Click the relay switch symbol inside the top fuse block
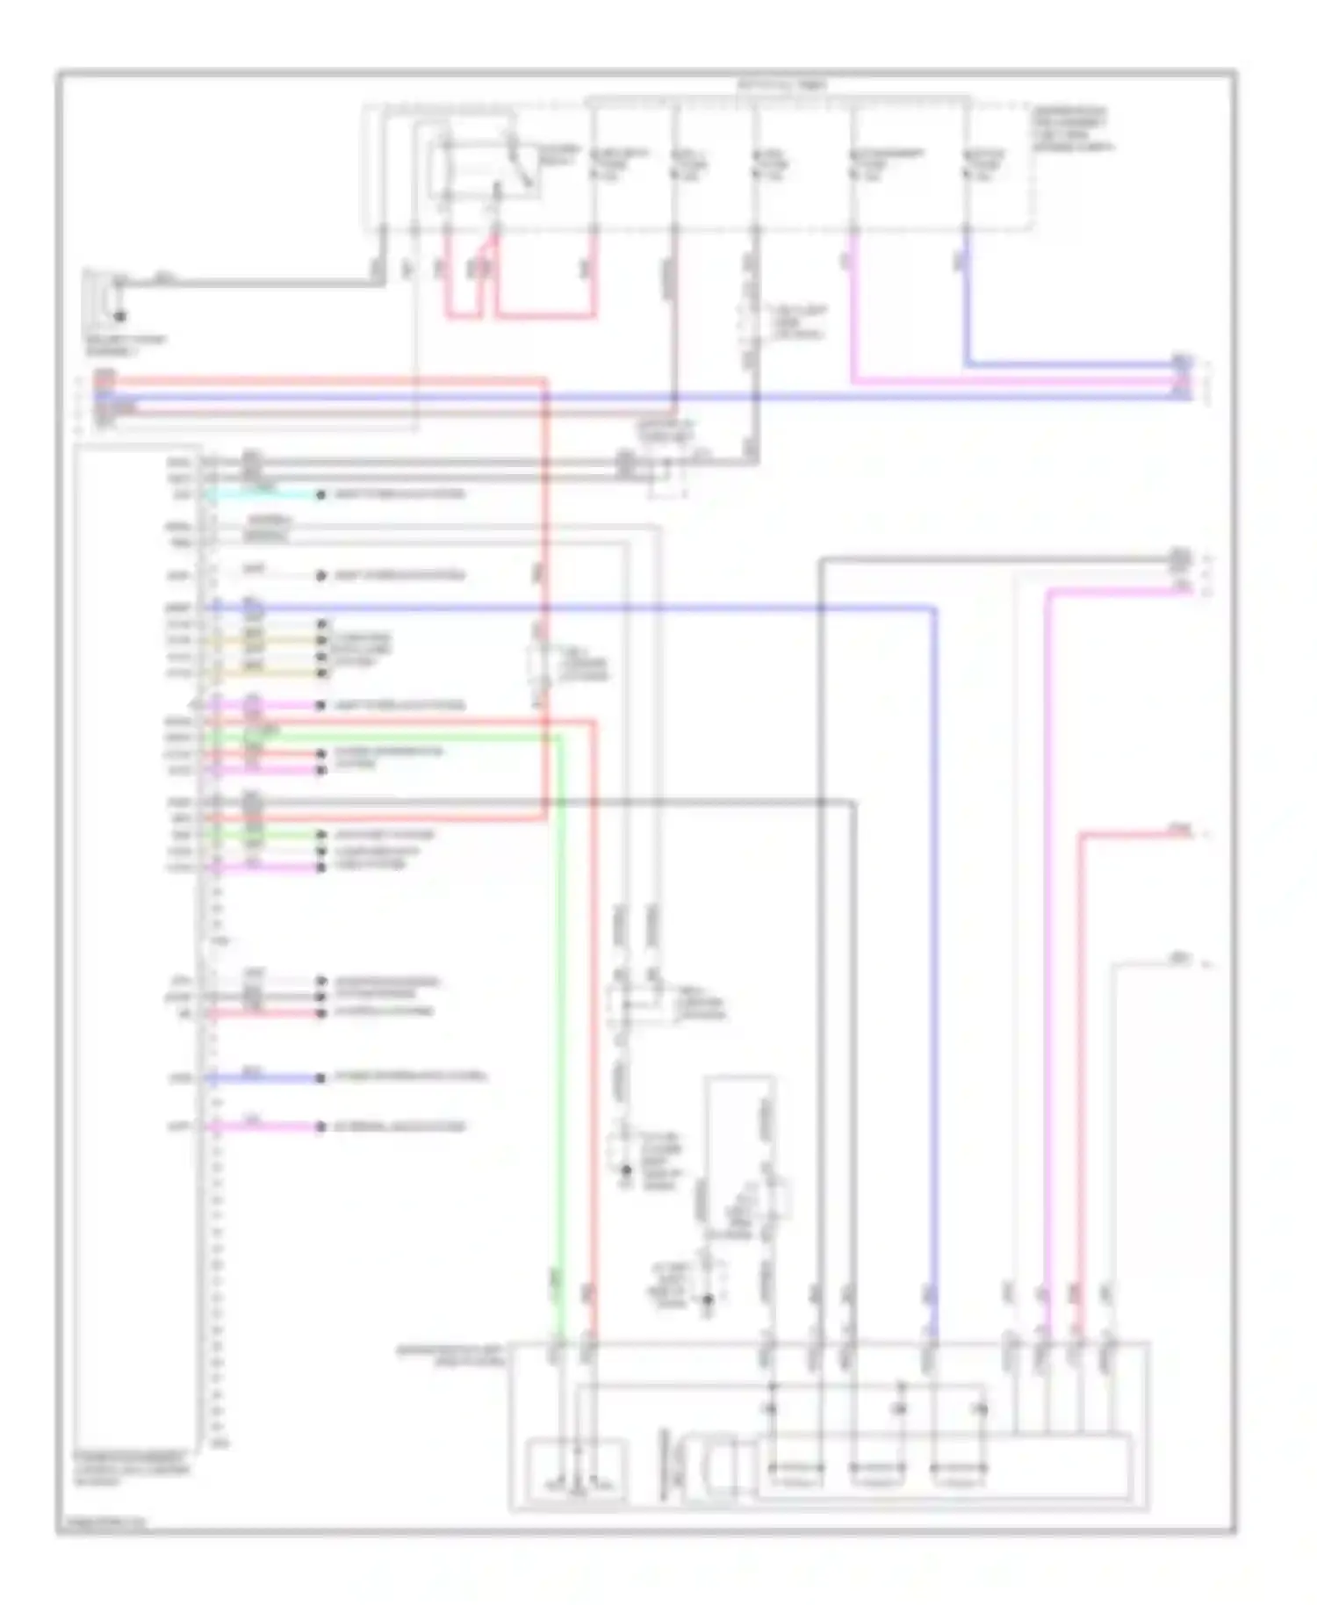click(483, 167)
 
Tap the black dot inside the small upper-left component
click(120, 315)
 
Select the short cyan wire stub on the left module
click(263, 495)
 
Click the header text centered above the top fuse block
click(781, 86)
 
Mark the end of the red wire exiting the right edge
click(1185, 832)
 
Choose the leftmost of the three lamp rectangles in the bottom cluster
click(795, 1467)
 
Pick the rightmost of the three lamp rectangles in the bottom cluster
click(959, 1467)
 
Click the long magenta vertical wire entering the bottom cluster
click(1047, 966)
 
